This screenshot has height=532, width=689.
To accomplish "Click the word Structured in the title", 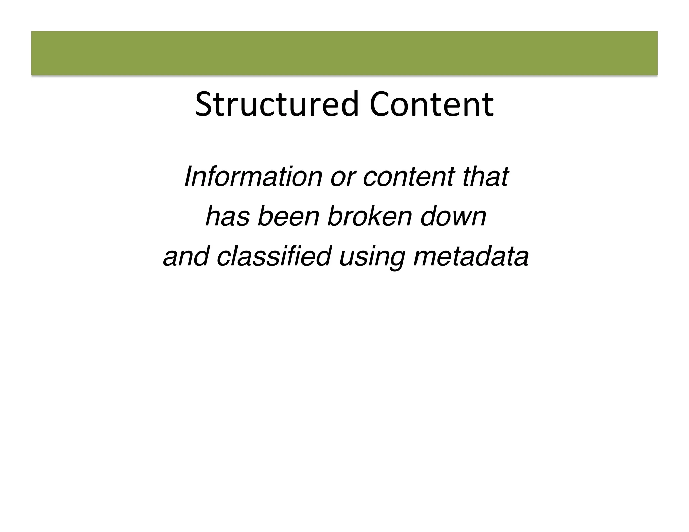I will tap(277, 105).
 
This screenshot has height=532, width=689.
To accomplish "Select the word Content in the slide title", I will tap(431, 105).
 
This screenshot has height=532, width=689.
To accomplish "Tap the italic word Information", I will tap(253, 177).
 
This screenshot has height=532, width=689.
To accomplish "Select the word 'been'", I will tap(288, 216).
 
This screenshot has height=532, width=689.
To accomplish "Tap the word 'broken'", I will tap(369, 216).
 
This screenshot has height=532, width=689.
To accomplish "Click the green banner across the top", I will tap(344, 53).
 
